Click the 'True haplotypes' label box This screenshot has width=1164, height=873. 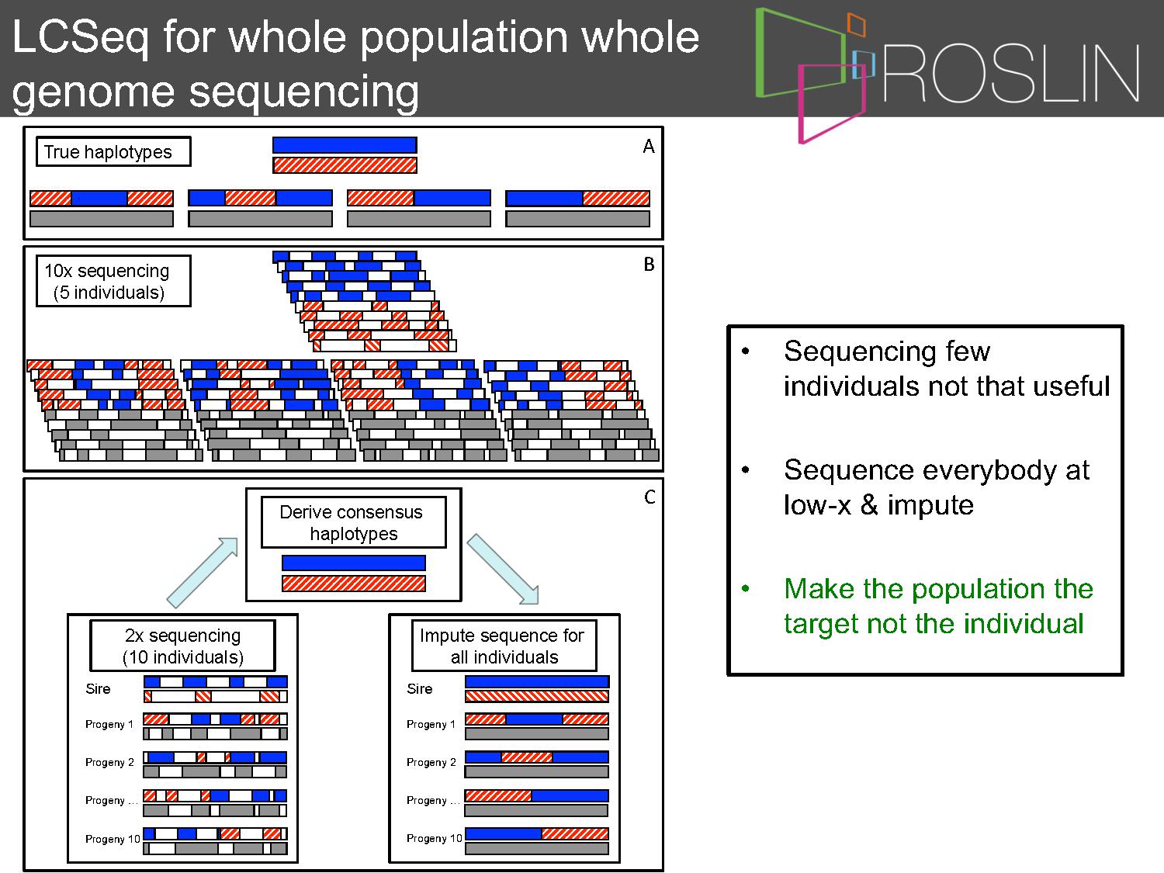click(x=113, y=152)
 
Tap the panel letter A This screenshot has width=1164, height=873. click(x=649, y=147)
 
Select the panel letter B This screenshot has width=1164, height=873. click(x=649, y=264)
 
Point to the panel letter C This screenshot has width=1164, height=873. click(x=650, y=497)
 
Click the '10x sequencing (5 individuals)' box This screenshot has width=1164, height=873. click(x=113, y=281)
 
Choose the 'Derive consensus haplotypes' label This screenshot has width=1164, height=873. click(x=353, y=522)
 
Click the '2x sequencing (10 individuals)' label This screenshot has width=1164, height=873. click(x=183, y=646)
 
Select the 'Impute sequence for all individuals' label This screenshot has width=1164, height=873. click(x=504, y=646)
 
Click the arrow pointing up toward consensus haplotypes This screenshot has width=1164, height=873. click(x=203, y=573)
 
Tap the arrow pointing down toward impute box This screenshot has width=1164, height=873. click(x=503, y=570)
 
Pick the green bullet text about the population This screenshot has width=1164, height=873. click(x=938, y=606)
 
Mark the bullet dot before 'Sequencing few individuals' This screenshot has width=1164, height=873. click(x=746, y=351)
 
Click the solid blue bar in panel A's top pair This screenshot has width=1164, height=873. click(x=345, y=145)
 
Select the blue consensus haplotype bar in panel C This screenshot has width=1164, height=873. click(x=354, y=563)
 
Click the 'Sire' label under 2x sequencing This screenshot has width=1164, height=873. click(x=98, y=688)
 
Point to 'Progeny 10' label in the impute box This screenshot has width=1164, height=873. click(x=435, y=838)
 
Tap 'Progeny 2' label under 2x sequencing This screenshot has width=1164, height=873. click(x=109, y=762)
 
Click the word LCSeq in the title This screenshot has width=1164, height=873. click(x=80, y=38)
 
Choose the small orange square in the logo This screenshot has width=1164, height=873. click(x=857, y=24)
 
